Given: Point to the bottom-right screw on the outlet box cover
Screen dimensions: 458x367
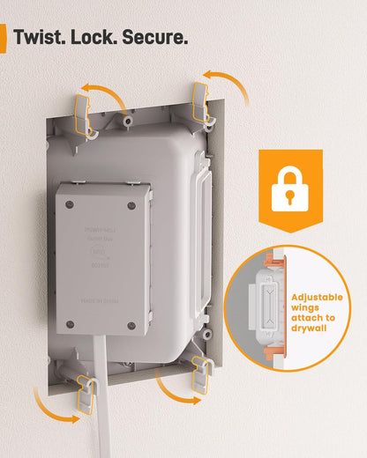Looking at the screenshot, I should point(133,327).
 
